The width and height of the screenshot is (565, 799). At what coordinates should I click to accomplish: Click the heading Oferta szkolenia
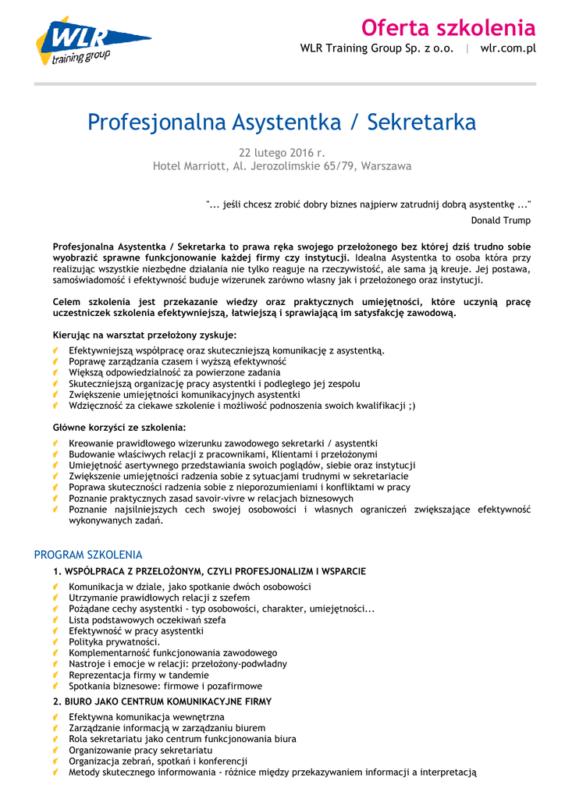tap(448, 29)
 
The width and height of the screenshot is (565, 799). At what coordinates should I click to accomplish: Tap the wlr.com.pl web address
tap(508, 48)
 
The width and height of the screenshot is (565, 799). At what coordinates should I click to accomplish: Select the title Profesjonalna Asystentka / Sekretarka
tap(282, 123)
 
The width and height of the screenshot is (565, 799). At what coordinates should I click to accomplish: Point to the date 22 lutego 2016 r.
tap(281, 152)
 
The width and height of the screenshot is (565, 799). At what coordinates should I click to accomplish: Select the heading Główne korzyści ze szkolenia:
tap(119, 428)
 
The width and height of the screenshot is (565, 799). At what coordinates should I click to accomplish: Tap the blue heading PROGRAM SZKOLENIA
tap(88, 555)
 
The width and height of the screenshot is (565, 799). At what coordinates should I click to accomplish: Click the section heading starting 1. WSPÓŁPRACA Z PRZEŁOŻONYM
tap(209, 572)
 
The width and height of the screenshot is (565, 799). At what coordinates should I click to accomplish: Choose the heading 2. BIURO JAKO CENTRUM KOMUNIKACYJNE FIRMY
tap(162, 701)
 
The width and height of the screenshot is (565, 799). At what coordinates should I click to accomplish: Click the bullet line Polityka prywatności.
tap(114, 641)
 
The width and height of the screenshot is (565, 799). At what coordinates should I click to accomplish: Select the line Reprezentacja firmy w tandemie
tap(139, 675)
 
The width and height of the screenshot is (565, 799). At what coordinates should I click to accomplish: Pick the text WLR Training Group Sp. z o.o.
tap(377, 48)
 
